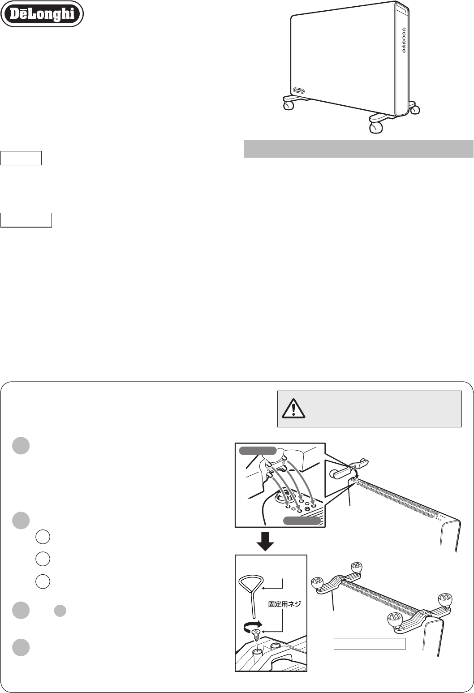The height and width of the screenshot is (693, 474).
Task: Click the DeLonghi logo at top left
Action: [x=42, y=13]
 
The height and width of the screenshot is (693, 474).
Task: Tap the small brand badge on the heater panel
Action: [x=298, y=90]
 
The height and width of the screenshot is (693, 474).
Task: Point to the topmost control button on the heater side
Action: [x=404, y=30]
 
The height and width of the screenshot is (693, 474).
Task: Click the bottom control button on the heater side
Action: [x=404, y=51]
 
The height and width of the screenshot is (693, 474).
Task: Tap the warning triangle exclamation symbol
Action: [x=293, y=409]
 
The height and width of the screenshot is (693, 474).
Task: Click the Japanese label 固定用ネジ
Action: [x=284, y=604]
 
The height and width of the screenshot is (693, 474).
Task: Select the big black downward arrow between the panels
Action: [x=265, y=542]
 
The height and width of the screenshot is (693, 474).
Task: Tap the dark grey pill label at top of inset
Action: [x=258, y=451]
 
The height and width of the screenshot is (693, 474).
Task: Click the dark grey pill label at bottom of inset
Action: [x=302, y=521]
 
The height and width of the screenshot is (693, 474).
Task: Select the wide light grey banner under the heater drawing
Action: [x=358, y=149]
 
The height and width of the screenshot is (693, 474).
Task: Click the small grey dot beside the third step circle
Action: [x=60, y=611]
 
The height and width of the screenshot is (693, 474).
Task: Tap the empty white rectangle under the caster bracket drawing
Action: [x=370, y=644]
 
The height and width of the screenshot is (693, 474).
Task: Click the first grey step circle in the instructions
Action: [x=21, y=445]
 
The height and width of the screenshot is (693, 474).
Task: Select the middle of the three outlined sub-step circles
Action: [x=43, y=559]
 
